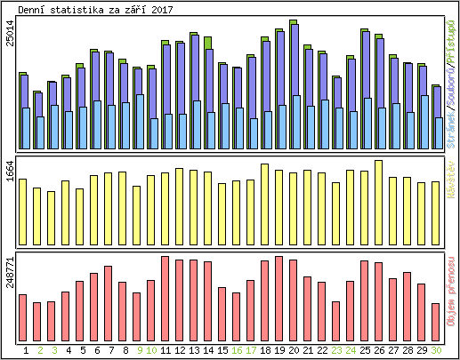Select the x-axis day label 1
25,350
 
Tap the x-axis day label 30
436,350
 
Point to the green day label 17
251,350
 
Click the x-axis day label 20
294,350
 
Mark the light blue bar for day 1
26,129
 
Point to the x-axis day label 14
208,350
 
